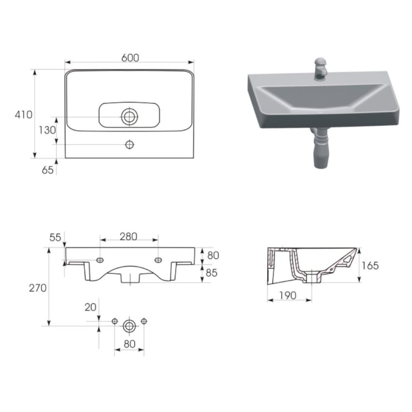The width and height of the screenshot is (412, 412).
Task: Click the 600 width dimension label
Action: click(130, 58)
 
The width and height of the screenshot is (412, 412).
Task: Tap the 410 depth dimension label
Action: click(23, 115)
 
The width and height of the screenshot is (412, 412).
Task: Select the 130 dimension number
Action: click(47, 130)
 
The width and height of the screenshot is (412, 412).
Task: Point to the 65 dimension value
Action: click(47, 170)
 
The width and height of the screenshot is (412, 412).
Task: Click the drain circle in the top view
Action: click(129, 117)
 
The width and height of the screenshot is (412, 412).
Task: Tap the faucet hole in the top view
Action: click(129, 145)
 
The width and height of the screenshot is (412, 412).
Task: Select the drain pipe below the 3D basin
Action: click(321, 148)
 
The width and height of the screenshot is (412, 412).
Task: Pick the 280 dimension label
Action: click(129, 236)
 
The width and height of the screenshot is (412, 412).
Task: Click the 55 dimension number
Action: click(55, 237)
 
